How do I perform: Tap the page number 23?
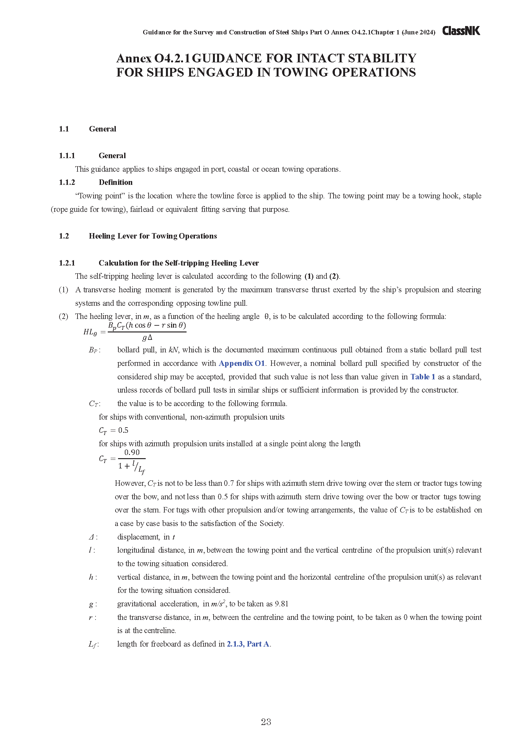[x=266, y=722]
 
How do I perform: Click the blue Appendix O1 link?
[x=242, y=363]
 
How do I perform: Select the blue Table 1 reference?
[x=423, y=377]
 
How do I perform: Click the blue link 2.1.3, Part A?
[x=248, y=644]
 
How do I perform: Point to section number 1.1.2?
[x=67, y=182]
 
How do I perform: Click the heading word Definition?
[x=116, y=182]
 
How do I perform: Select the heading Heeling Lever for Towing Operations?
[x=153, y=236]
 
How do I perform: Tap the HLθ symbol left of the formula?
[x=90, y=332]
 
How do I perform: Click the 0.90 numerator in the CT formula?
[x=132, y=453]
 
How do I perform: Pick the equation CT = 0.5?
[x=114, y=430]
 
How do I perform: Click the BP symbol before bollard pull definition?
[x=94, y=350]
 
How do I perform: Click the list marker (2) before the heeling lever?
[x=64, y=316]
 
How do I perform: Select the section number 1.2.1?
[x=67, y=263]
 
